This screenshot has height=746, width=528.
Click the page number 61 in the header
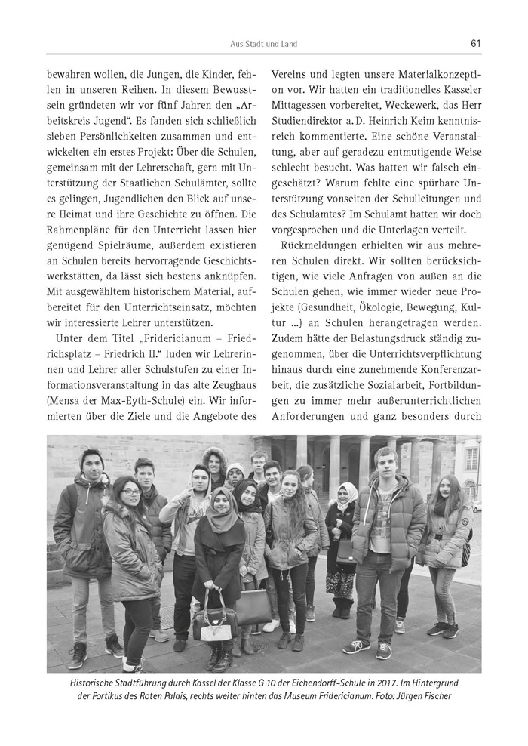pos(475,43)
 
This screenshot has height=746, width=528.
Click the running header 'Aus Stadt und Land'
pos(264,44)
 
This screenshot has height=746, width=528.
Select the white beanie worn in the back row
pos(235,469)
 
